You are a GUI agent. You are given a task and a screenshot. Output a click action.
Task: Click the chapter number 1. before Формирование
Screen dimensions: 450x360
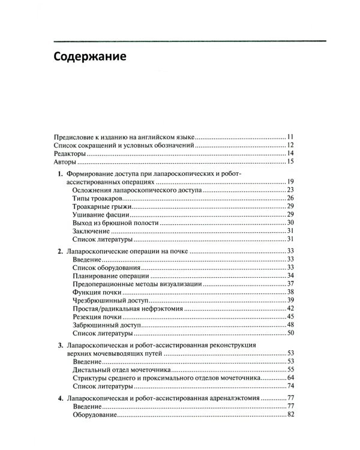60,173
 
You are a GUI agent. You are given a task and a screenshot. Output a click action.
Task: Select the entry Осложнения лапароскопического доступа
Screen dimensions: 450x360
137,190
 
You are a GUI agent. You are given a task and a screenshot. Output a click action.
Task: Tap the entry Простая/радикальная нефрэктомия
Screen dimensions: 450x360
124,308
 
